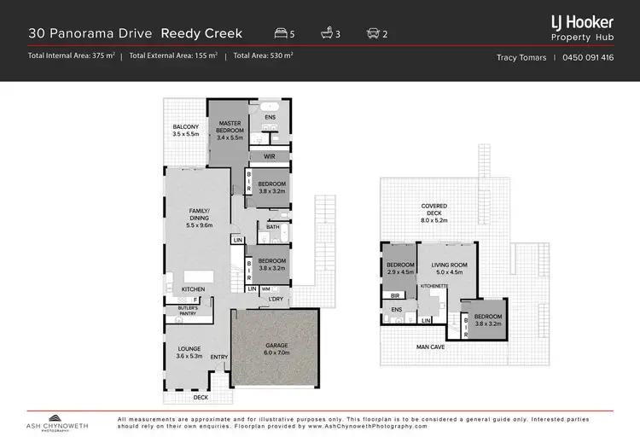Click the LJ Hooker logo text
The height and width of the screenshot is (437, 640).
coord(583,23)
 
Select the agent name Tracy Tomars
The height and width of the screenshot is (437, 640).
coord(521,58)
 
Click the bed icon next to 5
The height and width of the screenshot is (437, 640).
coord(280,34)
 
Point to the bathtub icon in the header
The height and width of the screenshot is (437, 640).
coord(326,34)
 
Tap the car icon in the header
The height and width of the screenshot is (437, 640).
coord(372,34)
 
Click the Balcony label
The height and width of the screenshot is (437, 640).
coord(185,131)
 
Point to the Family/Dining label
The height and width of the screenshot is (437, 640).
coord(198,217)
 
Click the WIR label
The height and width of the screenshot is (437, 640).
coord(269,157)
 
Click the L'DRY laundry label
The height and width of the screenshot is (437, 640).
coord(276,300)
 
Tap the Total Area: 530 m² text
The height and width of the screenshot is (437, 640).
coord(265,55)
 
